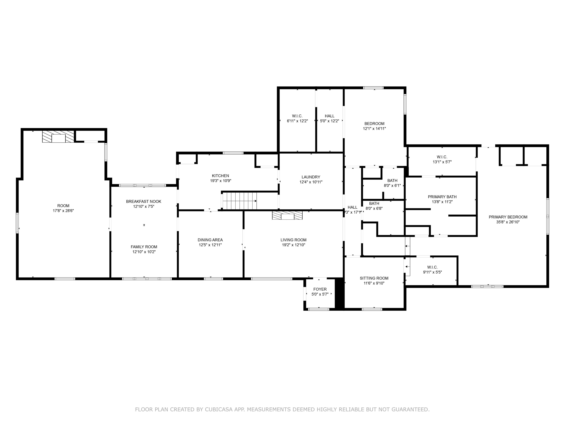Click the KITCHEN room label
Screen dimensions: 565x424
pyautogui.click(x=221, y=176)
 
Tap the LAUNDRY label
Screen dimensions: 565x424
pyautogui.click(x=311, y=177)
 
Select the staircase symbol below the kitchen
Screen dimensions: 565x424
pyautogui.click(x=239, y=201)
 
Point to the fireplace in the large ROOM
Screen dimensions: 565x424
pyautogui.click(x=58, y=137)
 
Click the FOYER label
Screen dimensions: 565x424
pyautogui.click(x=320, y=289)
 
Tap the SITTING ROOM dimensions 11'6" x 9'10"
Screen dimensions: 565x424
pyautogui.click(x=374, y=283)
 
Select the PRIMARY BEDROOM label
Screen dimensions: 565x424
pyautogui.click(x=508, y=217)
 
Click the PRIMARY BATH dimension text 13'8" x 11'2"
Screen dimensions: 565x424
pyautogui.click(x=442, y=202)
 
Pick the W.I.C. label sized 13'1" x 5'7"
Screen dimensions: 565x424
pyautogui.click(x=442, y=157)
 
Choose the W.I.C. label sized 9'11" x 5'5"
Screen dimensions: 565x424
pyautogui.click(x=432, y=267)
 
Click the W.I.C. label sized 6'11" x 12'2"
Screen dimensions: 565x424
pyautogui.click(x=297, y=116)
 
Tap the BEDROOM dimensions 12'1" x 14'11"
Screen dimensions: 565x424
pyautogui.click(x=374, y=129)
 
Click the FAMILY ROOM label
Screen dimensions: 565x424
pyautogui.click(x=144, y=247)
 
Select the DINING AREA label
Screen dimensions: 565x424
pyautogui.click(x=210, y=240)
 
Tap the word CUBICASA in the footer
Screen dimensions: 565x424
pyautogui.click(x=219, y=409)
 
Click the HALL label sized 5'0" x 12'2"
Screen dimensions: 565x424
pyautogui.click(x=330, y=116)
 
